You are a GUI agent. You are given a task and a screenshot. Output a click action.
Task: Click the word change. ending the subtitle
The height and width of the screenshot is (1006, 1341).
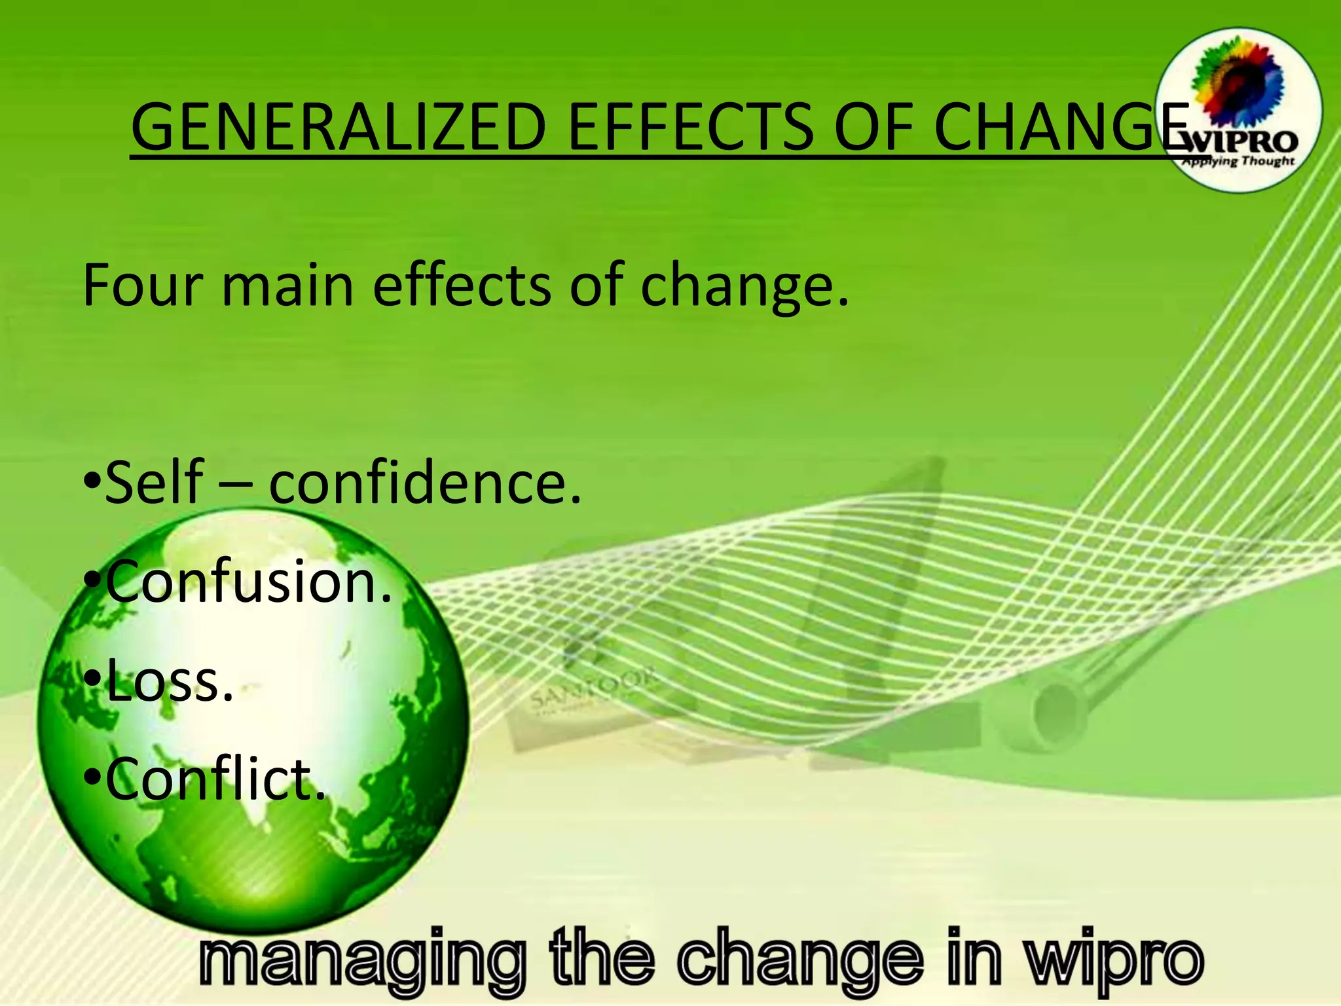(744, 286)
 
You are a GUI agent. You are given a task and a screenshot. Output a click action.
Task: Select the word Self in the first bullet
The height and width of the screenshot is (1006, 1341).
(155, 483)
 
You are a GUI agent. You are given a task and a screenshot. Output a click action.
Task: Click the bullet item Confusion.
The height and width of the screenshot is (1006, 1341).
(249, 582)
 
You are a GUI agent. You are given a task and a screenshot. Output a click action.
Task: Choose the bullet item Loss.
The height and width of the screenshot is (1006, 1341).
(169, 681)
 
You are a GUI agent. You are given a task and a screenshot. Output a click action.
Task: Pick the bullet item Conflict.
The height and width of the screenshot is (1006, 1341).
(215, 779)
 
